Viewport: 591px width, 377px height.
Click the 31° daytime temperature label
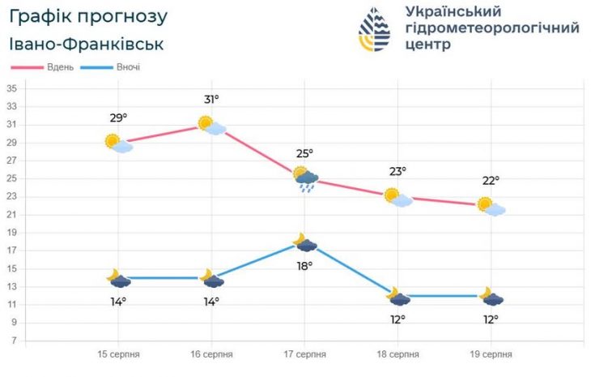click(x=212, y=100)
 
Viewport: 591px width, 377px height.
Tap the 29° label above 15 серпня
click(x=118, y=118)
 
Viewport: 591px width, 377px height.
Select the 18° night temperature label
click(x=304, y=265)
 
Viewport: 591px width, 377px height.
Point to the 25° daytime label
click(x=304, y=153)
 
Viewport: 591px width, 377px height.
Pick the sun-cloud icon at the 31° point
click(x=212, y=125)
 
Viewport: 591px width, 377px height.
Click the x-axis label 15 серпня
click(x=119, y=354)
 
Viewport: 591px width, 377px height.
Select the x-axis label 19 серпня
click(x=491, y=354)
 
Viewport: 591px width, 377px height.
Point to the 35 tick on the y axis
click(x=13, y=88)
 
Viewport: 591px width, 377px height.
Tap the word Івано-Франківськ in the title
click(x=87, y=44)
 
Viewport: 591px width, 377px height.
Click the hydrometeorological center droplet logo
click(x=374, y=29)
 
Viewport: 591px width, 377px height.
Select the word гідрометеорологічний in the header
click(x=491, y=28)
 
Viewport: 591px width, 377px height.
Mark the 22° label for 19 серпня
click(x=491, y=181)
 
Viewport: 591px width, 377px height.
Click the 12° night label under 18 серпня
click(x=398, y=319)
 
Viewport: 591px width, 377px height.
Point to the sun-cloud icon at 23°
click(x=398, y=197)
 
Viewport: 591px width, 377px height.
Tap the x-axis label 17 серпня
click(x=305, y=354)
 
